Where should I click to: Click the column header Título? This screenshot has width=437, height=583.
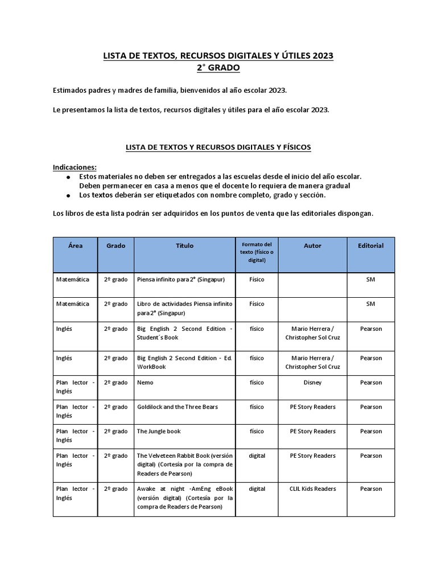tap(184, 246)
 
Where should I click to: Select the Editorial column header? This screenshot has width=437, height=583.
tap(370, 246)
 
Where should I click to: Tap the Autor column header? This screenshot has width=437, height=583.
tap(312, 246)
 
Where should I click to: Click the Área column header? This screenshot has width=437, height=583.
tap(75, 246)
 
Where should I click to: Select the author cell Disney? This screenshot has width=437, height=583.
tap(312, 383)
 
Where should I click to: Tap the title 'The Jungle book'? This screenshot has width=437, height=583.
tap(159, 431)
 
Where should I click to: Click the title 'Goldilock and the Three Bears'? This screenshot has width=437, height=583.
tap(177, 407)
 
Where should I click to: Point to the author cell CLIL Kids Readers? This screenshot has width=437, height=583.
tap(312, 488)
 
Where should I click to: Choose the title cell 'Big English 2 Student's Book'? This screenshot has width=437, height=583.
tap(184, 333)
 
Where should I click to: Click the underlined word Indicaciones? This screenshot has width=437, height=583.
tap(75, 167)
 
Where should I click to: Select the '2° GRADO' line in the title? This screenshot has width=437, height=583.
tap(218, 68)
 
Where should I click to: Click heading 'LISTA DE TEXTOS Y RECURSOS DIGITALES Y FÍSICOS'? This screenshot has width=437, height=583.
tap(218, 147)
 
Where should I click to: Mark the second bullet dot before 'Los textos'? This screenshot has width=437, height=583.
tap(68, 196)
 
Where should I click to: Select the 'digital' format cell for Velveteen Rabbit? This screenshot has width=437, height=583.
tap(257, 455)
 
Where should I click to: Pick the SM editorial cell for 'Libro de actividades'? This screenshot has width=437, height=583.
tap(370, 304)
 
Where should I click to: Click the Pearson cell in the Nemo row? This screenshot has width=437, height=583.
tap(370, 383)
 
